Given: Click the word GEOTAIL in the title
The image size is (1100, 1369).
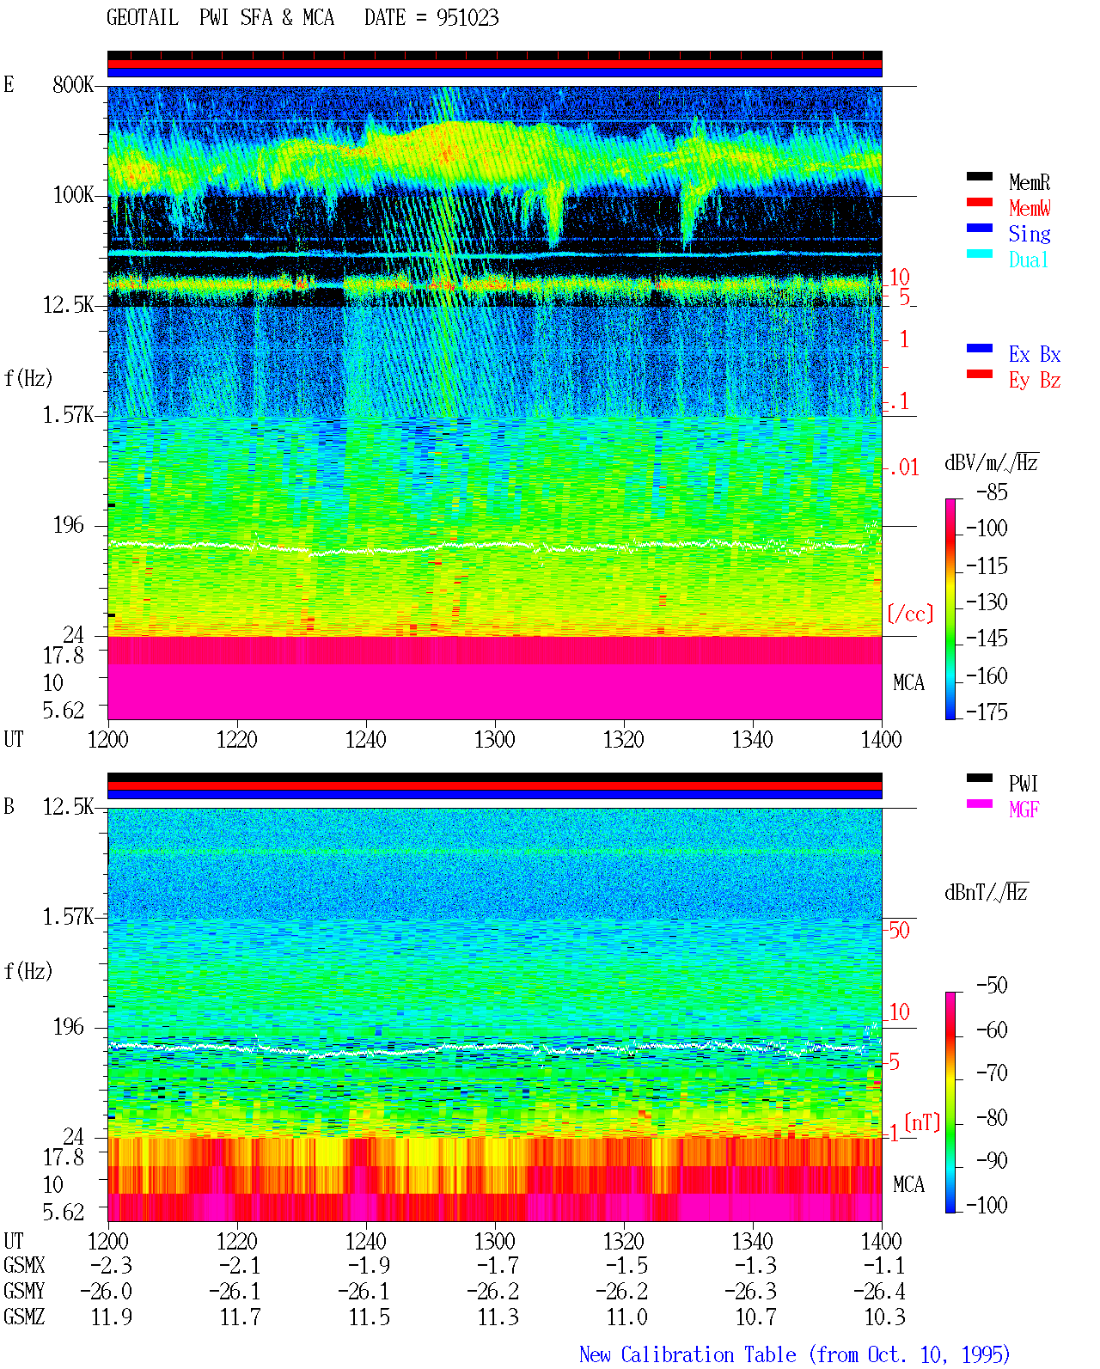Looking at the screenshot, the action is click(x=143, y=17).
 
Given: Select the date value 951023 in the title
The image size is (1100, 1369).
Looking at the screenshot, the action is click(x=467, y=17).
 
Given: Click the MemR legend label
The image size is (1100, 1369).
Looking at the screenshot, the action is click(x=1030, y=182).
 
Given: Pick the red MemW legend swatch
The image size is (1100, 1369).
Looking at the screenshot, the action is click(x=979, y=202).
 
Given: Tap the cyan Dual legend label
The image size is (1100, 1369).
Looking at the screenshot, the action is click(x=1028, y=260).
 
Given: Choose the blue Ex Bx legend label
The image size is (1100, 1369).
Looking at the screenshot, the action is click(x=1035, y=354).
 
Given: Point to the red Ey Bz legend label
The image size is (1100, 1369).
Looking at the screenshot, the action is click(x=1035, y=381).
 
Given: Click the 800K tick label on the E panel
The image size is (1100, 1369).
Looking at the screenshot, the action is click(x=73, y=84).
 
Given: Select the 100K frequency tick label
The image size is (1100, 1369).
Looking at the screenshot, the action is click(x=73, y=195).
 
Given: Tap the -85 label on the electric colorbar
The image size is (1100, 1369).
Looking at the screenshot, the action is click(x=992, y=492).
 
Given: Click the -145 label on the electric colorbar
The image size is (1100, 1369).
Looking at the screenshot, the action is click(x=987, y=638).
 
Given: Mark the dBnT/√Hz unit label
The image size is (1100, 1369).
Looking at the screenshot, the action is click(x=986, y=892).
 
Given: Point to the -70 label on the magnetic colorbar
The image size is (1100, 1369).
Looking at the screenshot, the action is click(x=992, y=1073).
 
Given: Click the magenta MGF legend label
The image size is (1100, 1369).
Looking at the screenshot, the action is click(x=1024, y=810).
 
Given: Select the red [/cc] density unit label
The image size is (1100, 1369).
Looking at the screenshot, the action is click(x=910, y=614).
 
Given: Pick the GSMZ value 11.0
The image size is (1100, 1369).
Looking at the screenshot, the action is click(x=626, y=1317).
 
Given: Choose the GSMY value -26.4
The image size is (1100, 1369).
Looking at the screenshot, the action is click(x=879, y=1292).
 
